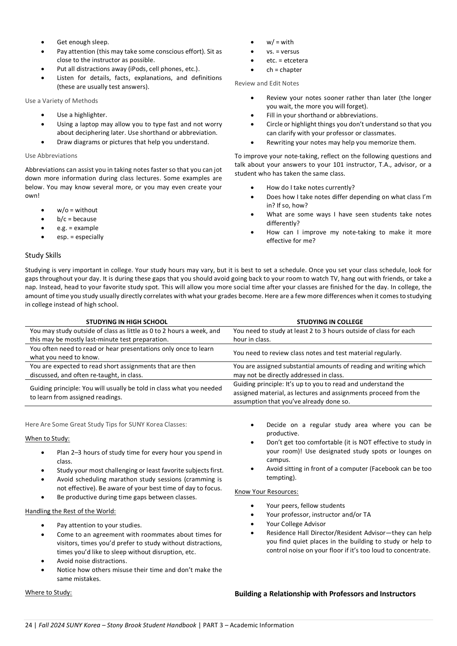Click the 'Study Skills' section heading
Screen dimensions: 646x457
[43, 255]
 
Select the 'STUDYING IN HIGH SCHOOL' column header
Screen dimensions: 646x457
[127, 322]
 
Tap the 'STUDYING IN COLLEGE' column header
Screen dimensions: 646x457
[329, 322]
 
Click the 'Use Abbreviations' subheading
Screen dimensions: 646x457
[51, 156]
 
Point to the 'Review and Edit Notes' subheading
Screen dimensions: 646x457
[267, 83]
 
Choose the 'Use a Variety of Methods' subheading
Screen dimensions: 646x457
[61, 101]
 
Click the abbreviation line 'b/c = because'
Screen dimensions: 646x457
[77, 219]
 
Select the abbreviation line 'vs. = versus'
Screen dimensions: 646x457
[283, 51]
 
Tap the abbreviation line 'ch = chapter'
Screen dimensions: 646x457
[284, 70]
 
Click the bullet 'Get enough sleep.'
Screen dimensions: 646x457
[83, 42]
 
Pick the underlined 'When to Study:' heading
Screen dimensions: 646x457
[47, 438]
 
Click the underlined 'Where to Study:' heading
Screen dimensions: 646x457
[48, 592]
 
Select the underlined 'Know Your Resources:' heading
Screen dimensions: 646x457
[267, 492]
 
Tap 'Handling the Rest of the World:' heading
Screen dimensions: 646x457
[70, 511]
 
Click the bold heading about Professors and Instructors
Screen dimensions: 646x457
[325, 594]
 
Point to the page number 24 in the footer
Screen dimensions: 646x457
[28, 625]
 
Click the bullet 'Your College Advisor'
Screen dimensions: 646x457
[296, 524]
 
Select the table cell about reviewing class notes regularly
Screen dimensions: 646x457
[317, 353]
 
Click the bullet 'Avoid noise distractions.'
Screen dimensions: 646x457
[92, 561]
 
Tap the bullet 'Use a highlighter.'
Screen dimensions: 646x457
[82, 115]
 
